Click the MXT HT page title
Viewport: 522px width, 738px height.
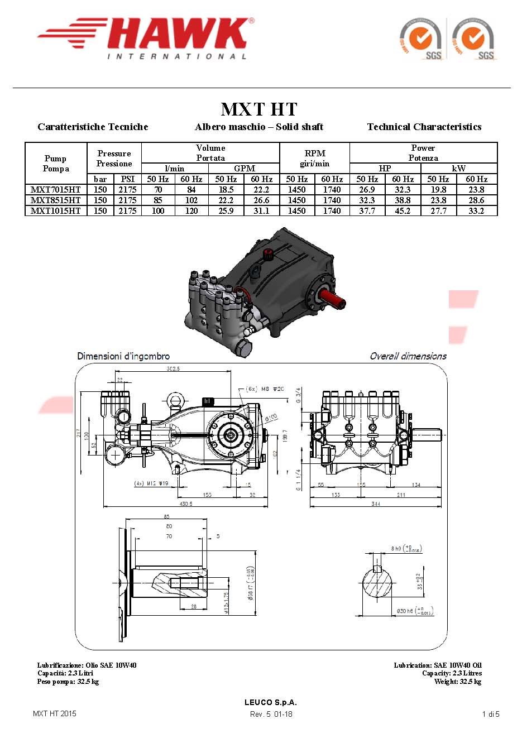click(259, 109)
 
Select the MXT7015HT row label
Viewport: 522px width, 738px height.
click(55, 190)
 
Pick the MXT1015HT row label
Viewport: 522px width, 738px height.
click(55, 211)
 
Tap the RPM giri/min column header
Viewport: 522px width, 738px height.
click(315, 158)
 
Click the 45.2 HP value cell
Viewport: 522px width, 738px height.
click(403, 211)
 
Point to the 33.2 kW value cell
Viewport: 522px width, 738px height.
click(476, 211)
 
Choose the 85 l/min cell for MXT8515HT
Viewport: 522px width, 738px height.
click(158, 200)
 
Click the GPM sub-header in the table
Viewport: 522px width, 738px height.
click(245, 168)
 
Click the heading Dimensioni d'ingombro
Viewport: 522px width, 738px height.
click(123, 356)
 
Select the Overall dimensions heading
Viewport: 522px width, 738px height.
click(408, 356)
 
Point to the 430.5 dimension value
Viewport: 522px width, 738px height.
click(186, 504)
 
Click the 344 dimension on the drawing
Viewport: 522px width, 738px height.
click(376, 504)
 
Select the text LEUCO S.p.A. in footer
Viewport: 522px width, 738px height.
click(271, 702)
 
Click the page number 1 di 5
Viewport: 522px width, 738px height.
click(491, 714)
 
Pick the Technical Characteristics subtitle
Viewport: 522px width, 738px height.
click(424, 127)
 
